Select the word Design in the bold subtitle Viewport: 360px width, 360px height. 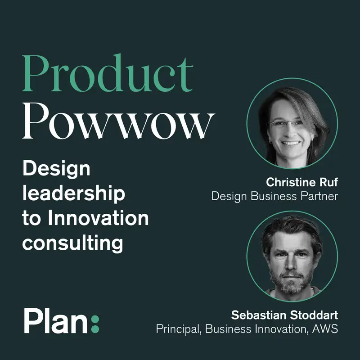[x=56, y=170]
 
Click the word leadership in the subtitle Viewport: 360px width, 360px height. [x=73, y=194]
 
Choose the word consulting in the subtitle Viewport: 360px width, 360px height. [x=72, y=243]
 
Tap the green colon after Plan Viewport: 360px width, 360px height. [x=94, y=321]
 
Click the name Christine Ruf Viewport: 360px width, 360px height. [x=302, y=182]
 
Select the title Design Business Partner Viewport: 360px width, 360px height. [x=274, y=196]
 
